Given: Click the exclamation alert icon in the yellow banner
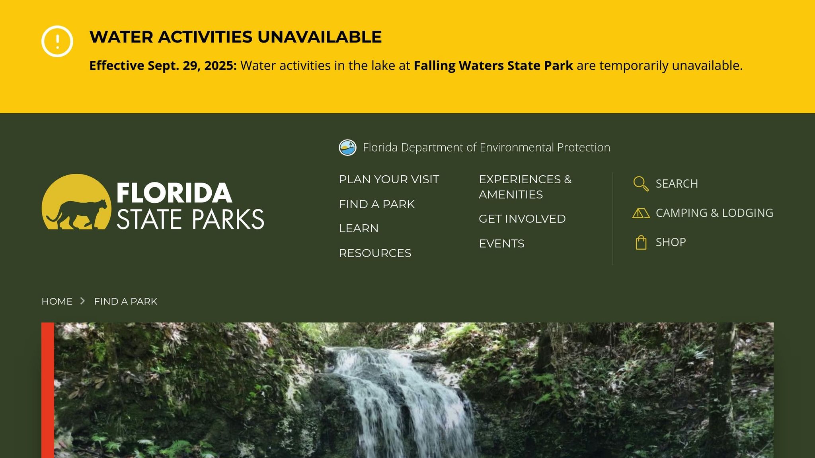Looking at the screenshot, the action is click(57, 41).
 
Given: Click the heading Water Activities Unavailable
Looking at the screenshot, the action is click(236, 37).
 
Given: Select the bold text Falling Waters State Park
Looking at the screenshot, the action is click(493, 66).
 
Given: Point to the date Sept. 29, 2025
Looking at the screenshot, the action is click(192, 66).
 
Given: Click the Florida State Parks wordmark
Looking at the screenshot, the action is click(190, 206).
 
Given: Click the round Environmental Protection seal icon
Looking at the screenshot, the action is click(347, 147).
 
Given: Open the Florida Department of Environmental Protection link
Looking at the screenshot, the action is click(486, 147).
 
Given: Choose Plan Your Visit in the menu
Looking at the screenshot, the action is click(389, 179).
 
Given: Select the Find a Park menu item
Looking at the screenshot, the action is click(376, 204).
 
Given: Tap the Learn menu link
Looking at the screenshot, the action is click(359, 229).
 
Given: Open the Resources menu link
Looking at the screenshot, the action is click(375, 253).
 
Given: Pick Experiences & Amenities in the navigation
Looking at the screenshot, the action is click(525, 187).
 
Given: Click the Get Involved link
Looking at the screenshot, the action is click(522, 219).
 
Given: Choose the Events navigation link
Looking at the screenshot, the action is click(501, 243).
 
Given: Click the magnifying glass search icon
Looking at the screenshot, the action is click(641, 184).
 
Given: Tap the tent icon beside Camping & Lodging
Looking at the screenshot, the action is click(641, 213).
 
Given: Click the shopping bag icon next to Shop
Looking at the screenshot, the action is click(641, 242).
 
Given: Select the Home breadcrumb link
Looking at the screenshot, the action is click(57, 301).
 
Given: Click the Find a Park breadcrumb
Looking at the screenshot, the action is click(126, 301).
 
